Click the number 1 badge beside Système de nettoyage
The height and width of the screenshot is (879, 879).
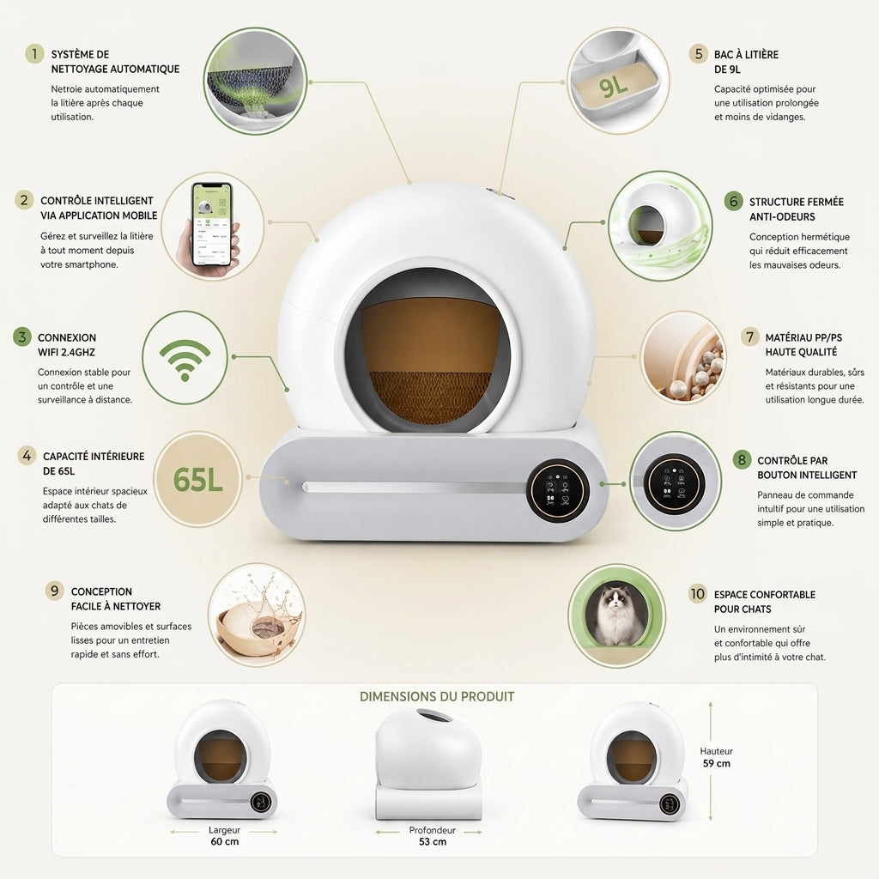click(x=34, y=54)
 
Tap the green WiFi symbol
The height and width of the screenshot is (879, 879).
click(x=185, y=360)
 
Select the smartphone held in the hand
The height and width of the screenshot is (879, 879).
click(x=212, y=225)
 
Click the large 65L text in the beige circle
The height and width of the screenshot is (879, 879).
click(x=198, y=480)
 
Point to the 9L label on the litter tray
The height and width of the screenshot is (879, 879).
click(x=613, y=86)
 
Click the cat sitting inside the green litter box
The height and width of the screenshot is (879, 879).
click(x=616, y=615)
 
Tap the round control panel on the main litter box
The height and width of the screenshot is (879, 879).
click(x=558, y=490)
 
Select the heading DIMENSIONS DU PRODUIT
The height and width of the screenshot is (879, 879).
click(x=437, y=697)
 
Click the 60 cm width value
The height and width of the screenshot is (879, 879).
click(x=225, y=841)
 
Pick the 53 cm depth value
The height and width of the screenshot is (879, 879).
click(x=433, y=841)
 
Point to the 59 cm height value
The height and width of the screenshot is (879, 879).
click(x=717, y=763)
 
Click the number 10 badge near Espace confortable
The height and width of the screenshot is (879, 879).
click(x=698, y=594)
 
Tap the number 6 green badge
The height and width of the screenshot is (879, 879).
click(x=733, y=201)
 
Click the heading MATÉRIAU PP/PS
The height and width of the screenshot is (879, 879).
click(x=803, y=337)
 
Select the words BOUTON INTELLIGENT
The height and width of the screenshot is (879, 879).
click(x=807, y=475)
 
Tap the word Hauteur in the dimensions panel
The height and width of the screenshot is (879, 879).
click(x=717, y=751)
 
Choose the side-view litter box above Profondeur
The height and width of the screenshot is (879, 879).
click(x=429, y=763)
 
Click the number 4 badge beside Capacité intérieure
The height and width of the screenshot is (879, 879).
click(x=27, y=455)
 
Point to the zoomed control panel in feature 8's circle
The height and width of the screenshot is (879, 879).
click(x=674, y=482)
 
